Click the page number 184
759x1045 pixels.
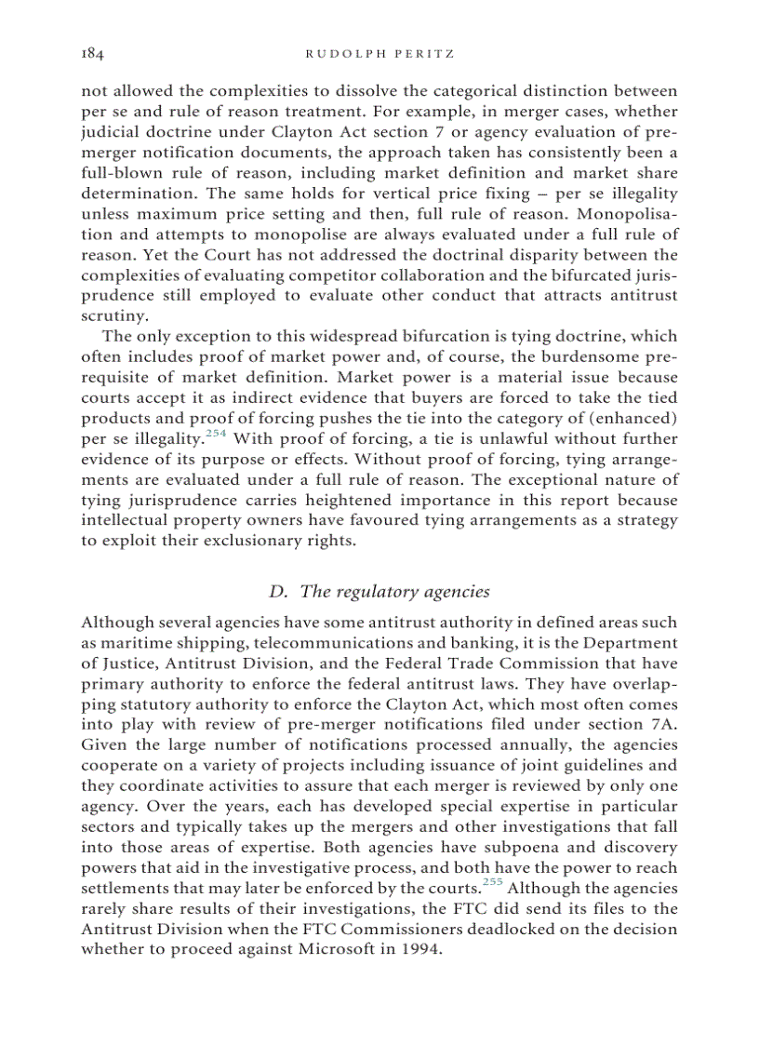click(92, 54)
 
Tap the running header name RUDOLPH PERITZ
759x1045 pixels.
click(379, 54)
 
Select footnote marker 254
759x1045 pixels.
click(218, 434)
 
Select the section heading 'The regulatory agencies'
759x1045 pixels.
click(379, 592)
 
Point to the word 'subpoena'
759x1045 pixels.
click(527, 847)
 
